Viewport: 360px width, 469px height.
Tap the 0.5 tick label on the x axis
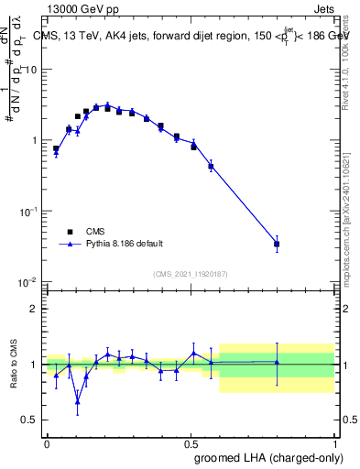tap(191, 442)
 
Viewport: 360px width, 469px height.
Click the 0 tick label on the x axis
tap(47, 442)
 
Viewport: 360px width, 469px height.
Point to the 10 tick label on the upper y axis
tap(30, 70)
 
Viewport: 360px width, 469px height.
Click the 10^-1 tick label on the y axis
tap(28, 211)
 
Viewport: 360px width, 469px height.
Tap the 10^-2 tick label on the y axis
tap(28, 281)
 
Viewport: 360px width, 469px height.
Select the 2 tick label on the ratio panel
tap(34, 309)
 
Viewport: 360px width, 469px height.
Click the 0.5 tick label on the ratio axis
tap(30, 420)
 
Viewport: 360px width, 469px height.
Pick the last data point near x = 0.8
tap(277, 244)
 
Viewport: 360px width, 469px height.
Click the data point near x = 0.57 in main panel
tap(211, 167)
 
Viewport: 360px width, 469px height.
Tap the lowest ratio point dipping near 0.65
tap(77, 401)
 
